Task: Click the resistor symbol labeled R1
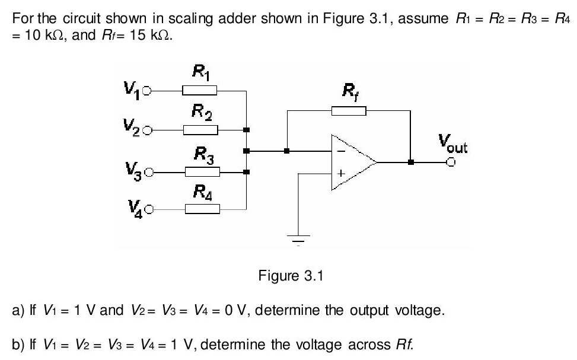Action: point(199,91)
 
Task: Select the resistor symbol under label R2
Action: point(200,129)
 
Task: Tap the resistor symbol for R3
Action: point(202,173)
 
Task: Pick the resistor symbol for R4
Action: point(202,209)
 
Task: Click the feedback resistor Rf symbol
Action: point(349,110)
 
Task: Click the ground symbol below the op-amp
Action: point(299,240)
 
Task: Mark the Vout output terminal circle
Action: point(451,162)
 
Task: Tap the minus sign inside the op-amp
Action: point(340,152)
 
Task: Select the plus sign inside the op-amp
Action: point(340,174)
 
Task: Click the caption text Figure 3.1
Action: point(289,276)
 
